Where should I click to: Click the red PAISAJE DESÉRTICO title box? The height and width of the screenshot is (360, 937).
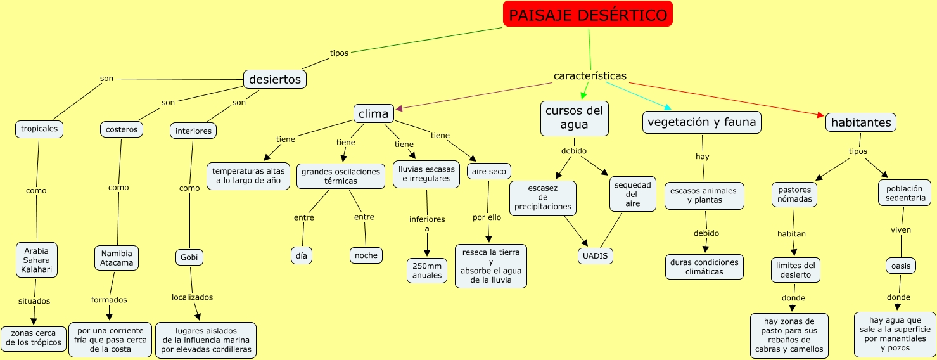(587, 15)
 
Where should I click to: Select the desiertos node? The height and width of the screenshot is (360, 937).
(274, 79)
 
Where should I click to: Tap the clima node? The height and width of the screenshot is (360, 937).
(373, 113)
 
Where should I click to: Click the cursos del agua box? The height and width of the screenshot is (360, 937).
(574, 118)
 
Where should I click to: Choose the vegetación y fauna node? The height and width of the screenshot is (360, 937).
(701, 122)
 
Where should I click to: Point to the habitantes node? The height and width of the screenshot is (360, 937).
(860, 122)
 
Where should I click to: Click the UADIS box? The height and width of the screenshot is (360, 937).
(596, 256)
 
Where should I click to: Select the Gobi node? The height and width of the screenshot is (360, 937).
(189, 258)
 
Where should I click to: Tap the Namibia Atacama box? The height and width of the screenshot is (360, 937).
(117, 258)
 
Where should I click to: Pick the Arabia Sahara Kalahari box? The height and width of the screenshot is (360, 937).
(36, 260)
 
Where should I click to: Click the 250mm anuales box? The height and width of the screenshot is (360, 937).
(427, 271)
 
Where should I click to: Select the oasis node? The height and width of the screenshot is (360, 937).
(900, 266)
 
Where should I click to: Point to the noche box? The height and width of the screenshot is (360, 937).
(366, 255)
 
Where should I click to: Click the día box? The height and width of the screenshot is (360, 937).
(302, 255)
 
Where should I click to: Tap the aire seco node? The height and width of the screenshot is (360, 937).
(488, 171)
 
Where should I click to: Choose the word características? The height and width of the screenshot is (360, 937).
(590, 76)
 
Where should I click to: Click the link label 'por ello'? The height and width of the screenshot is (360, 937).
(487, 217)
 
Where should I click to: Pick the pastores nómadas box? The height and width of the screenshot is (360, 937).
(794, 195)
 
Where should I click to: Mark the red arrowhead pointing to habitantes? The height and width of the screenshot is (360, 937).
(820, 115)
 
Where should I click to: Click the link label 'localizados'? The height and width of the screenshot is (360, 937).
(192, 297)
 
